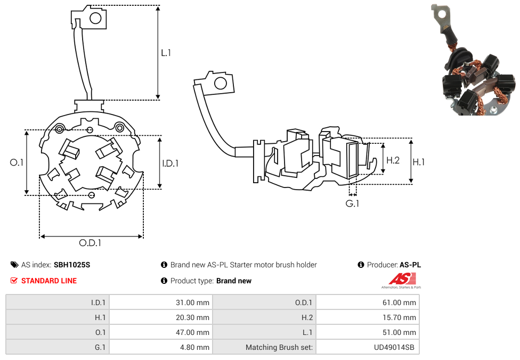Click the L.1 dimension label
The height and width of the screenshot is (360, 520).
click(166, 53)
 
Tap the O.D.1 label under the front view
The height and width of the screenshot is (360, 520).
click(90, 243)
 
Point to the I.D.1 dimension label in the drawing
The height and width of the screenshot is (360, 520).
click(170, 163)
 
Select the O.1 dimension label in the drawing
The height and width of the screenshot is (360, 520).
click(17, 162)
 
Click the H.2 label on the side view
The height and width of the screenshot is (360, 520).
click(393, 160)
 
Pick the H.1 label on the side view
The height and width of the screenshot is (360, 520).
click(419, 162)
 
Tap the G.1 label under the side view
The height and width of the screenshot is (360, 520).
click(352, 203)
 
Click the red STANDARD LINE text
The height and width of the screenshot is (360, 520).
click(48, 281)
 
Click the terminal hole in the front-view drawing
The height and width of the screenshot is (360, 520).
click(96, 19)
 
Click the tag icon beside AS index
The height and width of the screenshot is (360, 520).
click(14, 265)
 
